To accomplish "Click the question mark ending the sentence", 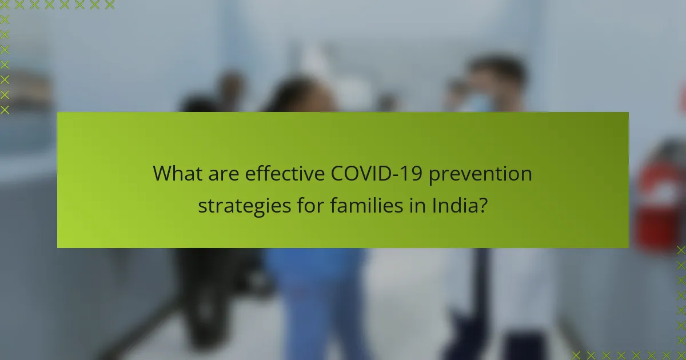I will tap(483, 206).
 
